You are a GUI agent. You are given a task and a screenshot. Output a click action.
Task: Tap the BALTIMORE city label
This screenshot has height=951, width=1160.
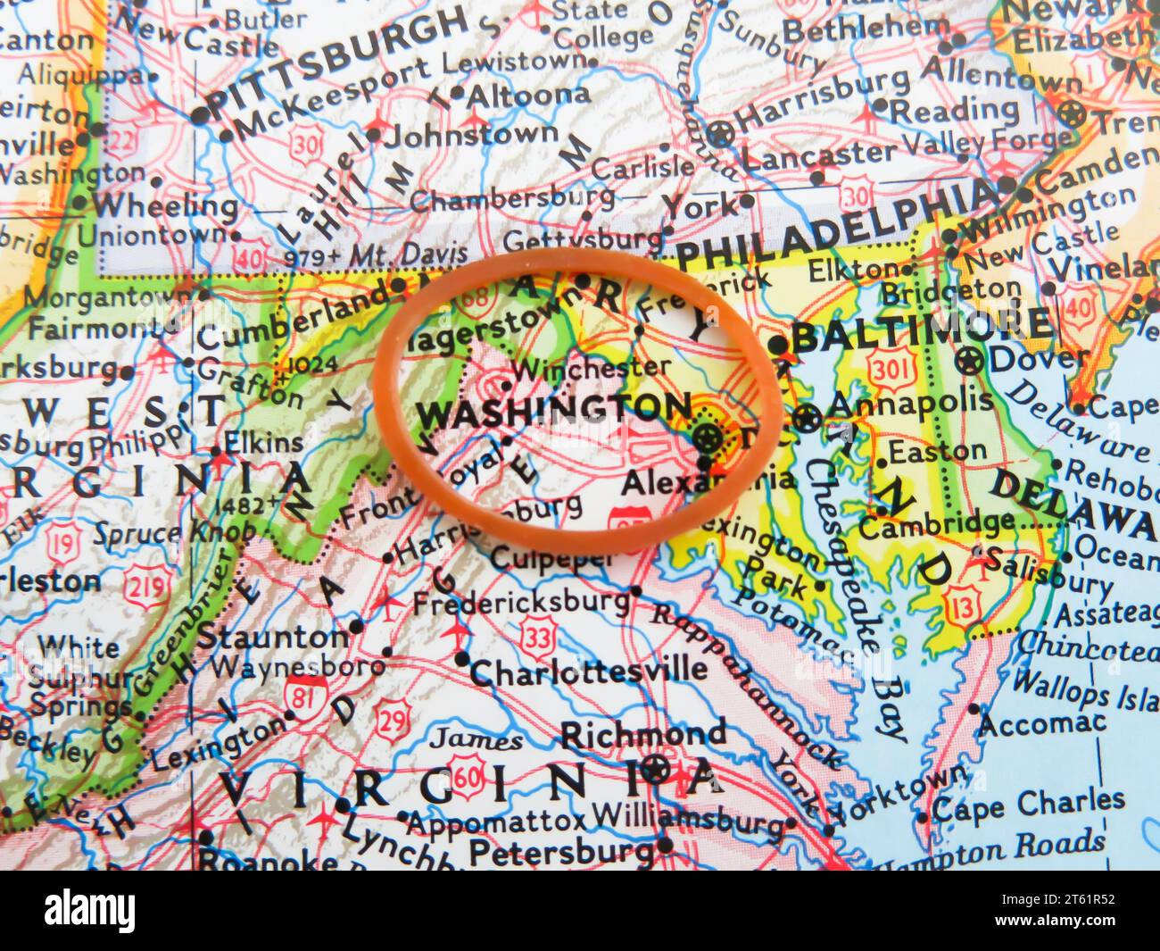pyautogui.click(x=921, y=331)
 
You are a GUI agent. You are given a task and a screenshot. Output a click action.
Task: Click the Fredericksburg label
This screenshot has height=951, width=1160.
pyautogui.click(x=521, y=601)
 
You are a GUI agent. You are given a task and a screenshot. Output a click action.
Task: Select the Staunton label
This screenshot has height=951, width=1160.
pyautogui.click(x=272, y=637)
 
